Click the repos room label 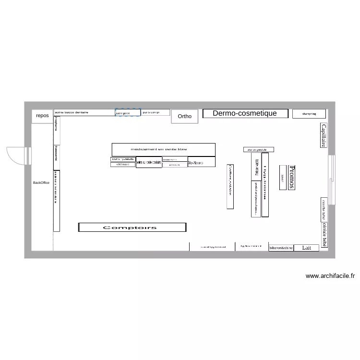[42, 116]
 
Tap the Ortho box [184, 116]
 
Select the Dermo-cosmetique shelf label [245, 113]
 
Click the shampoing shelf [309, 114]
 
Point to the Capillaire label [324, 135]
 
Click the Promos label [291, 177]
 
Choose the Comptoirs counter [132, 228]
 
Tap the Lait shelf [306, 248]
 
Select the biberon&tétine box [281, 248]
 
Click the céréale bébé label [324, 235]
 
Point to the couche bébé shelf [324, 209]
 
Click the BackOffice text [41, 183]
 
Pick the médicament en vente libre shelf [163, 149]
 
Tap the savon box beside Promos [283, 177]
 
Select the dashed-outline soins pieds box [128, 113]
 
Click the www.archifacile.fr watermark [330, 276]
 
